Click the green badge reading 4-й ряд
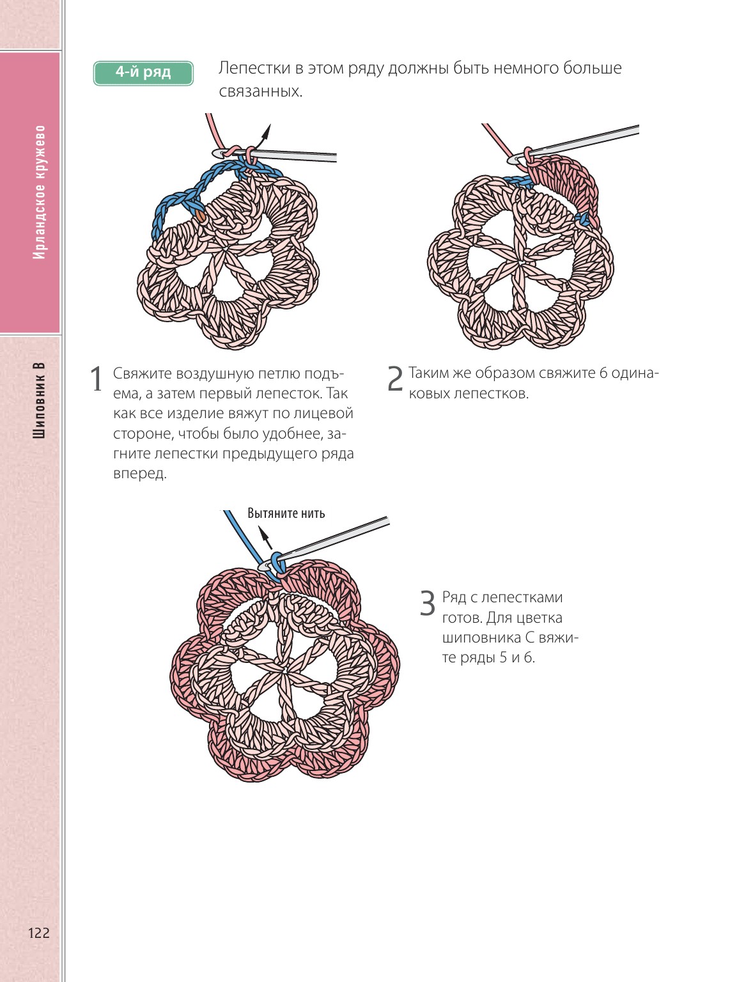(143, 73)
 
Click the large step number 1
(96, 379)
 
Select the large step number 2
(395, 379)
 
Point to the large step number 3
(428, 603)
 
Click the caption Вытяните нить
(286, 513)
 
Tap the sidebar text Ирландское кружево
(40, 192)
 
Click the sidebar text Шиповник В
(40, 400)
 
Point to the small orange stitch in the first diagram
(201, 215)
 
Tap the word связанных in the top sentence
(260, 91)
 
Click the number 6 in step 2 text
(603, 373)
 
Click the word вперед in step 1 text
(140, 474)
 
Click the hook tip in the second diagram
(513, 160)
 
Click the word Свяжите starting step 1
(142, 373)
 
